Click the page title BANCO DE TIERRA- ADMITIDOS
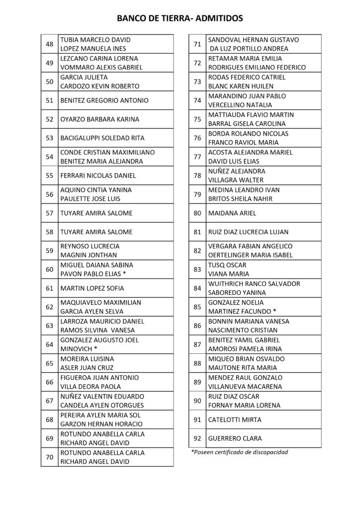pyautogui.click(x=180, y=18)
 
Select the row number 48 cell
pyautogui.click(x=49, y=44)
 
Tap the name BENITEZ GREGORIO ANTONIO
pyautogui.click(x=104, y=100)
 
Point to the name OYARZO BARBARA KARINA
pyautogui.click(x=99, y=119)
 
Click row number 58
pyautogui.click(x=49, y=232)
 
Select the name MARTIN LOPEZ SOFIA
pyautogui.click(x=92, y=288)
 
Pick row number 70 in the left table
pyautogui.click(x=49, y=457)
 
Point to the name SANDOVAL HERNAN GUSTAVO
pyautogui.click(x=253, y=39)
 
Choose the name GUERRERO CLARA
pyautogui.click(x=233, y=438)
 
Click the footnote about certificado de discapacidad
pyautogui.click(x=240, y=452)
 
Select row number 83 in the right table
pyautogui.click(x=197, y=269)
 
